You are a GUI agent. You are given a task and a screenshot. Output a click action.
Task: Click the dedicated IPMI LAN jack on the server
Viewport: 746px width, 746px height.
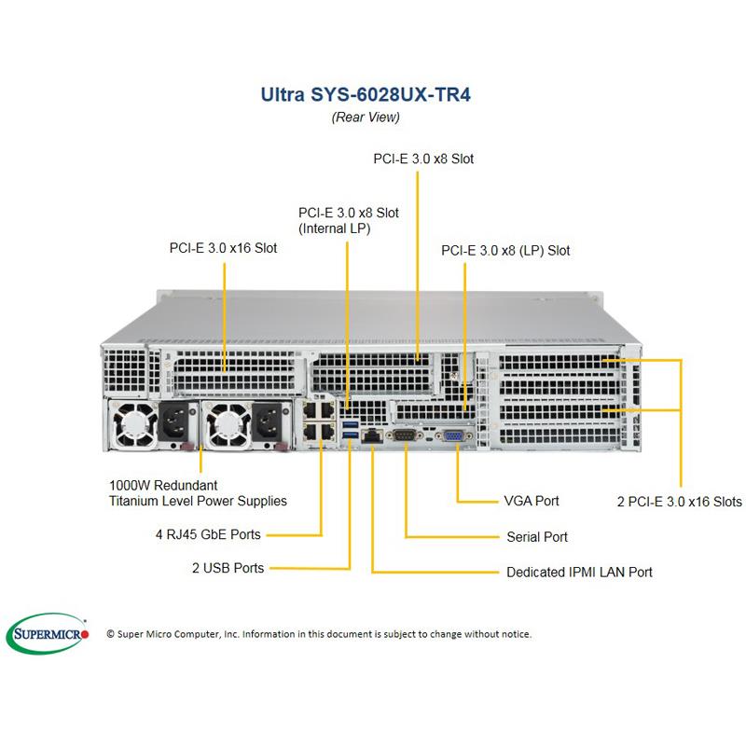(372, 436)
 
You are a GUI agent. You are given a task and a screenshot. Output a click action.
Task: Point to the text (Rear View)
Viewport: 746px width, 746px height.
(366, 117)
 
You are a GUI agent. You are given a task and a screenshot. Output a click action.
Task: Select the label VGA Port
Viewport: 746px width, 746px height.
(531, 501)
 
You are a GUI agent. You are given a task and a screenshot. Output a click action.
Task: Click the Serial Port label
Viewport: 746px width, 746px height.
(537, 536)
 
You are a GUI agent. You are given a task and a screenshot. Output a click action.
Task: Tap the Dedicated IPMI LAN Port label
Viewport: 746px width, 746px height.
(579, 572)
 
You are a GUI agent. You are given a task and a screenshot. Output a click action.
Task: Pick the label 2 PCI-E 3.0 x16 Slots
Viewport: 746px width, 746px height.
(680, 502)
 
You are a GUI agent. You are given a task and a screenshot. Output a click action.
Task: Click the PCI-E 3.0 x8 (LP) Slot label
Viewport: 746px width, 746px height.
(505, 250)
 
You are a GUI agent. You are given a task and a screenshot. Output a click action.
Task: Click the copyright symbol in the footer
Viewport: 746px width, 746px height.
(111, 634)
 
